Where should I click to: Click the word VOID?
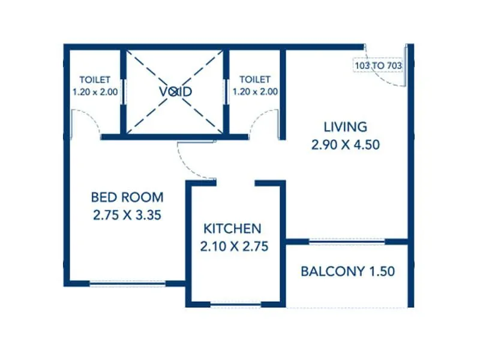(x=175, y=91)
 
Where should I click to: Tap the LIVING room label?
(x=345, y=127)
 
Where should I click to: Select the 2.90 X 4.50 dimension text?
(x=345, y=145)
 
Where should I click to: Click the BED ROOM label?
(x=127, y=197)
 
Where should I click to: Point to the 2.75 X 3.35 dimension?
(x=127, y=215)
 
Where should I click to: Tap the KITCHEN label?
(x=232, y=228)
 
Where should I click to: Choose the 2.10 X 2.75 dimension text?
(x=234, y=245)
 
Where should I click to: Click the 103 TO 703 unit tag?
(x=379, y=65)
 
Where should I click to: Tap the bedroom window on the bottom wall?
(x=127, y=283)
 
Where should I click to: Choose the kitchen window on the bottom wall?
(x=235, y=305)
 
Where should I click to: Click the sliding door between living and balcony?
(x=347, y=241)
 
